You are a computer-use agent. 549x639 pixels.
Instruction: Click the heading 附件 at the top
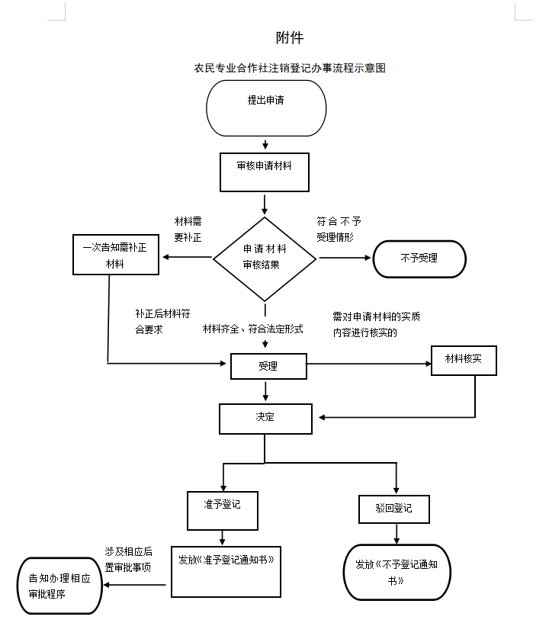coord(290,37)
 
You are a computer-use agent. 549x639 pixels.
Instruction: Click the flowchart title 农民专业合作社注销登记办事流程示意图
coord(290,68)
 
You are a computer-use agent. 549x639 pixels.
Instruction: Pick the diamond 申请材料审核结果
coord(265,257)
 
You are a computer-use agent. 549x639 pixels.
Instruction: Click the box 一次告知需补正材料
coord(115,255)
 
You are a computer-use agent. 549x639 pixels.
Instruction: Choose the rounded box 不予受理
coord(419,258)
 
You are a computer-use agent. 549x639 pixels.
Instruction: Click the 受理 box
coord(268,367)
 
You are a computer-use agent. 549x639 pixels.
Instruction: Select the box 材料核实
coord(464,360)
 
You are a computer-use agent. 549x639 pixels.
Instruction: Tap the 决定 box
coord(265,419)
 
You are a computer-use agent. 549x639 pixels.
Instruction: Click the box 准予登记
coord(223,510)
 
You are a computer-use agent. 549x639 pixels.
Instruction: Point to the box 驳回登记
coord(394,509)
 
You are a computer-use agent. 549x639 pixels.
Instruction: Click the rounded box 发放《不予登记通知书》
coord(396,572)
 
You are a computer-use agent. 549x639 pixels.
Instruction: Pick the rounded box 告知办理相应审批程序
coord(60,586)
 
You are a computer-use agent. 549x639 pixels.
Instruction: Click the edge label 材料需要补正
coord(188,229)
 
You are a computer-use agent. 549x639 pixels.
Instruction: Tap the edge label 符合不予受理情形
coord(339,229)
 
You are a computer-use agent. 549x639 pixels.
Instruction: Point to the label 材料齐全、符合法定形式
coord(253,329)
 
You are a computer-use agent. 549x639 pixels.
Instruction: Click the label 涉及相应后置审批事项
coord(128,559)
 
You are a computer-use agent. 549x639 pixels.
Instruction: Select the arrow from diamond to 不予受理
coord(345,258)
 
